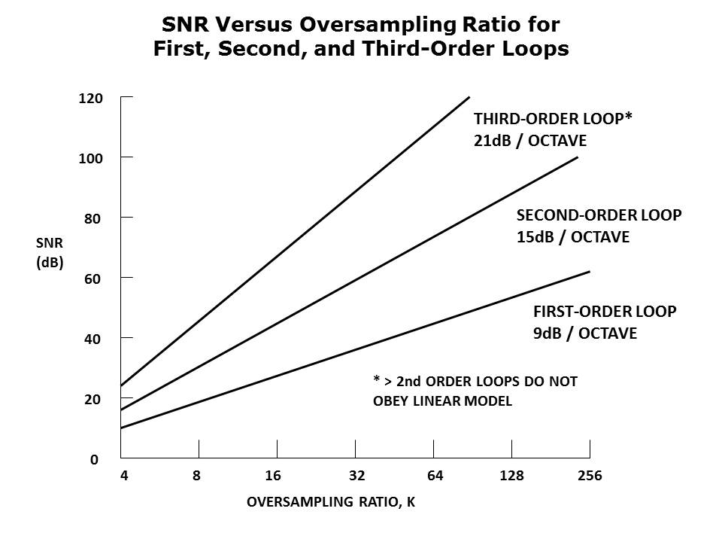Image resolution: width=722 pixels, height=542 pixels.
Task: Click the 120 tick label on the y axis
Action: point(90,98)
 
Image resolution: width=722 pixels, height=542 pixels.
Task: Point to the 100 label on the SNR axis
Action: point(90,157)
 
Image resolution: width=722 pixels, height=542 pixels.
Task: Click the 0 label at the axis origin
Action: point(95,459)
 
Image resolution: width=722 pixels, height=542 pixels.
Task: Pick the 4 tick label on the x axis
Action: point(123,476)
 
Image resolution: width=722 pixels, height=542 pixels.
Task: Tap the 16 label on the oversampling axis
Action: point(274,476)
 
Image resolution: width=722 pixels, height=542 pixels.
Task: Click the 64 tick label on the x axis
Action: point(435,476)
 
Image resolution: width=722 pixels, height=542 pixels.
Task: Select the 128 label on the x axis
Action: point(512,476)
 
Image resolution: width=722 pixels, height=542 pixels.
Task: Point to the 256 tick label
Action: point(590,476)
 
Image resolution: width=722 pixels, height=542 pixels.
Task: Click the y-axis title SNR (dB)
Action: point(49,253)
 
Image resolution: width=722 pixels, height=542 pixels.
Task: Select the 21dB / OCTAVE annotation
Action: point(530,141)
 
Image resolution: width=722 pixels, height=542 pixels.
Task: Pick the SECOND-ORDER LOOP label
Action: point(599,215)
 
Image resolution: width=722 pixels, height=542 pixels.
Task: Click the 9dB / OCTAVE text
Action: point(584,332)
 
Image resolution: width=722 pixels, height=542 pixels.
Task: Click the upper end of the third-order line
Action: point(469,97)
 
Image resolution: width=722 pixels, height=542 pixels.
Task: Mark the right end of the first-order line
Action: point(590,271)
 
